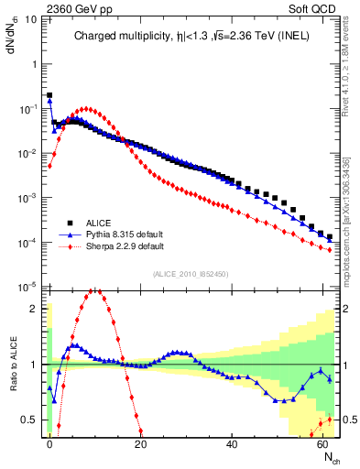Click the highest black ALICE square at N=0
(49, 95)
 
